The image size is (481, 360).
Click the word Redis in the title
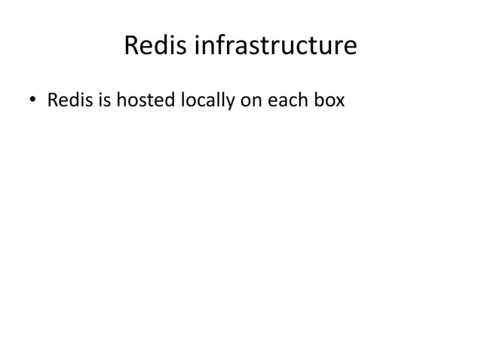tap(155, 47)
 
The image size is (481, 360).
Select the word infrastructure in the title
tap(276, 47)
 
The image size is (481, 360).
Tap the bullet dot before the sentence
tap(32, 100)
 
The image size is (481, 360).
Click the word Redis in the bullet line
tap(66, 99)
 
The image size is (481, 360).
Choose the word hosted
tap(142, 99)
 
